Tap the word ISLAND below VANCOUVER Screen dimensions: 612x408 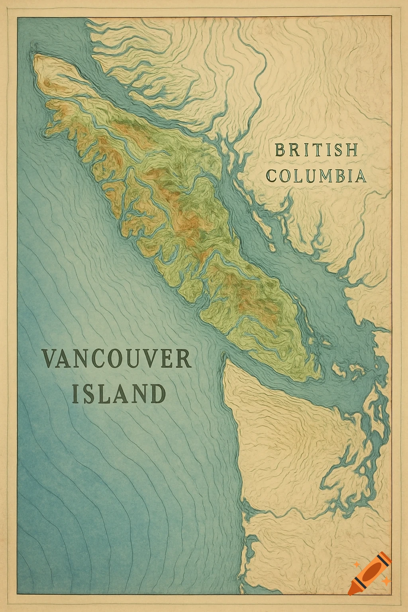click(118, 393)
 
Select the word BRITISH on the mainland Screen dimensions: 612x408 click(316, 150)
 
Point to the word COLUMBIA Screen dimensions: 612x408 click(317, 176)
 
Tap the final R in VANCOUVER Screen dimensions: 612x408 click(184, 358)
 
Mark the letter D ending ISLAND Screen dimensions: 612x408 click(157, 394)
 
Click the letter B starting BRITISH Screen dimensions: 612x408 click(280, 151)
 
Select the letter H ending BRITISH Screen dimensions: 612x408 click(351, 151)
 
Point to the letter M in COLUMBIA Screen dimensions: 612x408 click(325, 176)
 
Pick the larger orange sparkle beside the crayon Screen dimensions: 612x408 click(385, 582)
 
